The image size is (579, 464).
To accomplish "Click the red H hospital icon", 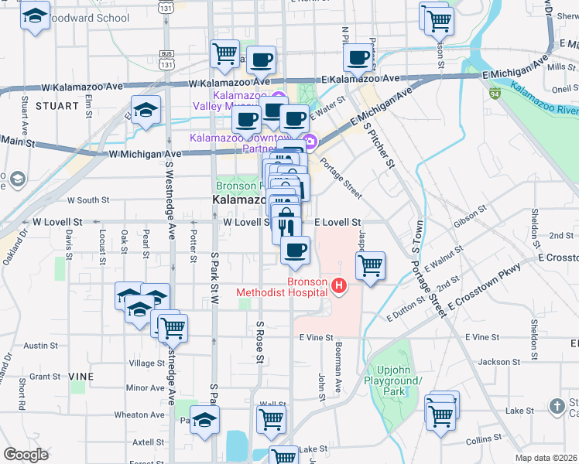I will [338, 287].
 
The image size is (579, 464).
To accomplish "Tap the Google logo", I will [26, 455].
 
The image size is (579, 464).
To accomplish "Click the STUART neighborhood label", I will [57, 106].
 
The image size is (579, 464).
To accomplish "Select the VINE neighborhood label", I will [81, 376].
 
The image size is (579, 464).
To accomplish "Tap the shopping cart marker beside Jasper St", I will [371, 266].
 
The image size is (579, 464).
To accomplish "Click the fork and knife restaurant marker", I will [286, 228].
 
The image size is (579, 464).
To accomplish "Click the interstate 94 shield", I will [494, 94].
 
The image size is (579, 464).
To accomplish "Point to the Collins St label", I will [485, 439].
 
